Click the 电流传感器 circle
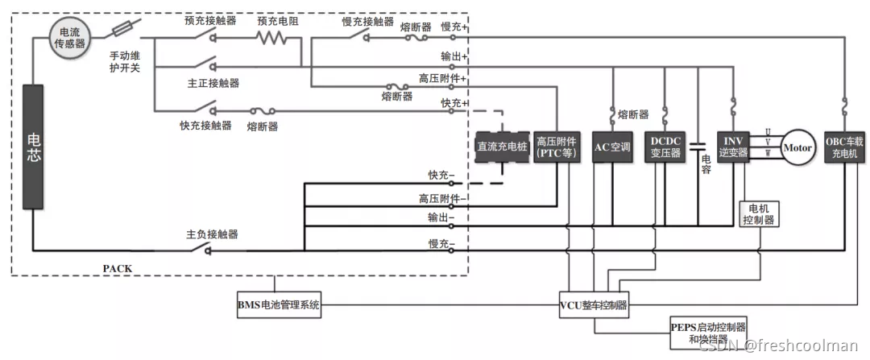point(65,38)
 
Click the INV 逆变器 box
point(731,147)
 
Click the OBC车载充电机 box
point(843,147)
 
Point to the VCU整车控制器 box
point(594,305)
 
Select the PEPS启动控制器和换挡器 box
point(708,333)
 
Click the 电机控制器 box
point(759,213)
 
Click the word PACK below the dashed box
point(118,267)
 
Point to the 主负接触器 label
point(212,234)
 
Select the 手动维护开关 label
point(125,62)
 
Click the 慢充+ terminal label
point(454,27)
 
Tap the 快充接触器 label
point(205,126)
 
